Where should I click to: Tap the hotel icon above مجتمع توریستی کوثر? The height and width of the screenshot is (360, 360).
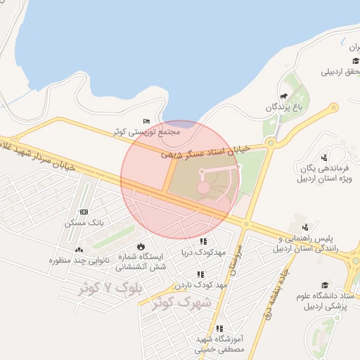click(146, 121)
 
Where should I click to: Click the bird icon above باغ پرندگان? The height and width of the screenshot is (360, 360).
click(283, 96)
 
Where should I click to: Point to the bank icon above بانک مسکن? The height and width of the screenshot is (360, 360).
click(84, 212)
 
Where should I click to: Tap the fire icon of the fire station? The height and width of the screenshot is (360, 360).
click(141, 246)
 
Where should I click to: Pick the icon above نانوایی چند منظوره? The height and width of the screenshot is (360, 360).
click(78, 250)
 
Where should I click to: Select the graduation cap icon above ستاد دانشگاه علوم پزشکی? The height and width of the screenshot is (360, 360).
click(324, 285)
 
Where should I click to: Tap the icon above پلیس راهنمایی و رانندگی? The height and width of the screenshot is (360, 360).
click(305, 226)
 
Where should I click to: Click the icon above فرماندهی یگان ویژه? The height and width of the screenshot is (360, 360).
click(324, 157)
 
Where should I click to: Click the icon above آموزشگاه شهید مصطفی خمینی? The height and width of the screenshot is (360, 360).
click(219, 328)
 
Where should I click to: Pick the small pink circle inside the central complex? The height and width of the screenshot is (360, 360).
click(203, 186)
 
